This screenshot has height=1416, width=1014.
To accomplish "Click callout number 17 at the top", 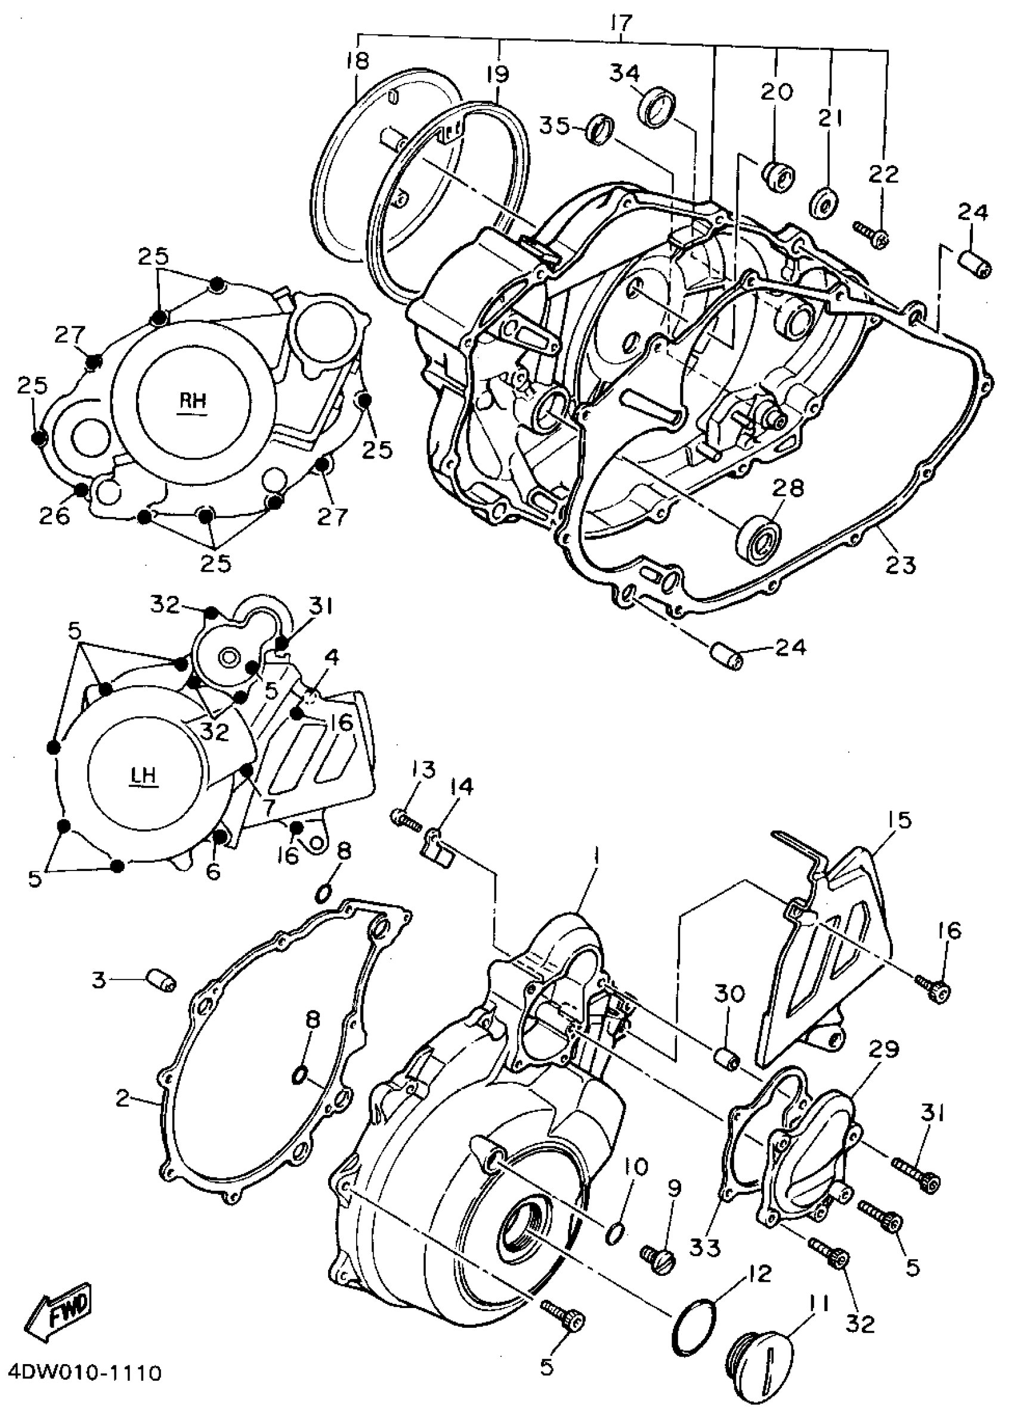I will point(622,24).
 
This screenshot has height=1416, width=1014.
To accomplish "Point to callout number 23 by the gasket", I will point(900,565).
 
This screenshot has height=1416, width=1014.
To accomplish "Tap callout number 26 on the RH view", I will point(54,516).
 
